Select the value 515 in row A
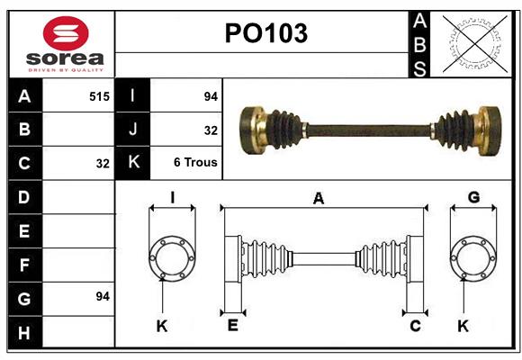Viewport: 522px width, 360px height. [x=99, y=95]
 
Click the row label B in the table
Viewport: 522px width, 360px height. [x=24, y=130]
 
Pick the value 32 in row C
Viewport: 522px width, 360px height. [x=102, y=164]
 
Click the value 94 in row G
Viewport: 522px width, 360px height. [x=102, y=295]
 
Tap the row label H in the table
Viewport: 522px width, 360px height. [x=24, y=332]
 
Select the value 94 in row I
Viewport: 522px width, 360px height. [x=211, y=95]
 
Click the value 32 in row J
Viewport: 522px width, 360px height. [x=211, y=130]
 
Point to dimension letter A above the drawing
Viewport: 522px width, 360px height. [x=319, y=199]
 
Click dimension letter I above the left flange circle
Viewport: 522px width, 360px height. [x=172, y=197]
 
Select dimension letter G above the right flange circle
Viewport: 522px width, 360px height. [x=473, y=197]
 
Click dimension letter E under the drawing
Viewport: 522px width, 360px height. [x=232, y=326]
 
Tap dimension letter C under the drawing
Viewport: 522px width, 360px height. [x=415, y=326]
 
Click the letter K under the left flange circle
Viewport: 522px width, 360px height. [x=162, y=326]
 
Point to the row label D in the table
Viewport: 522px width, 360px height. [x=24, y=196]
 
